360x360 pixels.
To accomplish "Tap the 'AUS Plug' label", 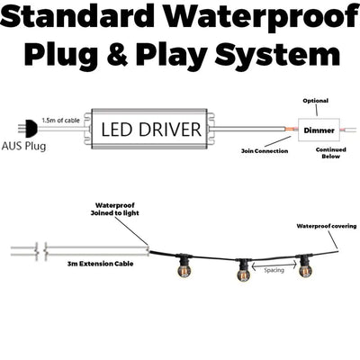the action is (x=24, y=147).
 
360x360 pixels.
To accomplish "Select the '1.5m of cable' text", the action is (x=60, y=121).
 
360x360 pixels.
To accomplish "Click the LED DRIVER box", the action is (x=149, y=129).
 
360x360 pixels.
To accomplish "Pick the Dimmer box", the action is (x=319, y=130).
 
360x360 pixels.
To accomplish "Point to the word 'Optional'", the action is (x=316, y=101).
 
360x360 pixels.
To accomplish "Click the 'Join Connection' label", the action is (x=265, y=151).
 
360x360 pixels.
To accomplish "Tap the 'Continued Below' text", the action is (x=331, y=153).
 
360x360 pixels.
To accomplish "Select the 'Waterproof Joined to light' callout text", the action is (x=115, y=209).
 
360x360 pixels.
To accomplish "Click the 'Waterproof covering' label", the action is (x=327, y=226).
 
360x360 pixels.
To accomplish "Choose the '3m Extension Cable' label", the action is (x=100, y=264).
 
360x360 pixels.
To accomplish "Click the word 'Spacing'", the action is (x=274, y=270).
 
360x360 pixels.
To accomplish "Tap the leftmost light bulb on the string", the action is (x=184, y=269).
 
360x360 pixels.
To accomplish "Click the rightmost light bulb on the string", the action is (x=305, y=270).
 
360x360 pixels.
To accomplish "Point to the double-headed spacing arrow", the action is (x=274, y=265).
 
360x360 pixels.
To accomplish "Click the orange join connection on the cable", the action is (x=291, y=130).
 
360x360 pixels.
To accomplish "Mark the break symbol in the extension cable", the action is (x=41, y=251).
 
